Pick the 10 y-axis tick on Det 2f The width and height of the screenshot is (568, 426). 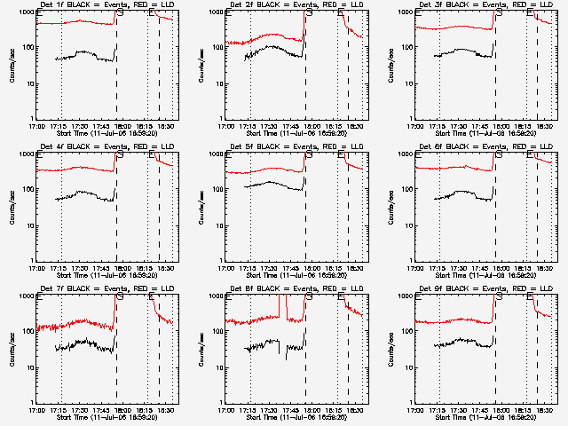(216, 83)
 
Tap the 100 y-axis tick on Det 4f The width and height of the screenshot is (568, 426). (26, 190)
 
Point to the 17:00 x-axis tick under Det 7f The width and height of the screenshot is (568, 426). (36, 410)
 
